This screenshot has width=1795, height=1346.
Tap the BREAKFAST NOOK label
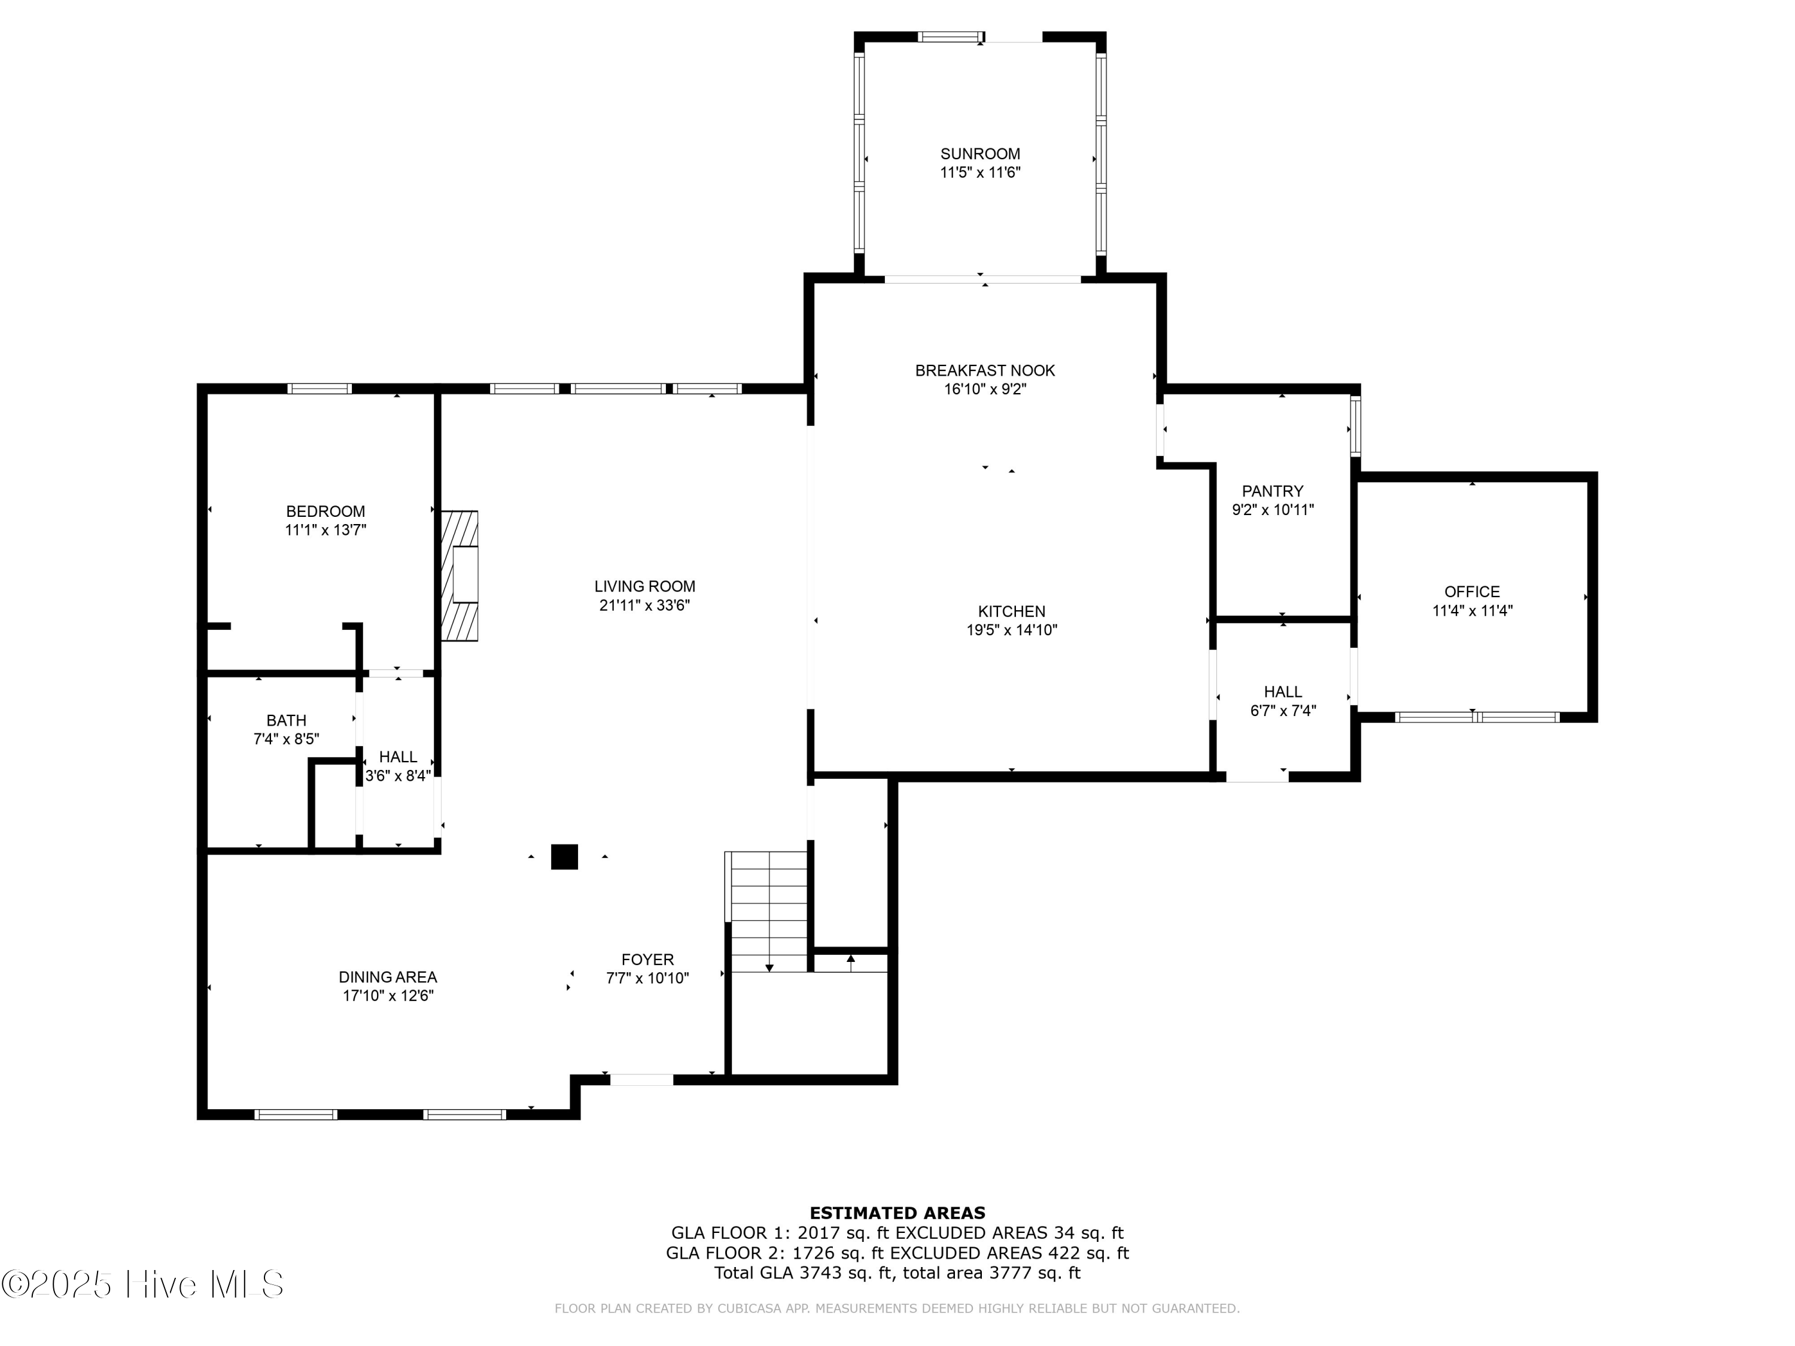point(984,371)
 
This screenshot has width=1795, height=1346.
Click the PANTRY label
point(1271,492)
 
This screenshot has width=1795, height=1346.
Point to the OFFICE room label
point(1471,592)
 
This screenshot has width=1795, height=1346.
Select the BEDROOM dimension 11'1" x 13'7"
point(325,531)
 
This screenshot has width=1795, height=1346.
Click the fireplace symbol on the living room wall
point(460,575)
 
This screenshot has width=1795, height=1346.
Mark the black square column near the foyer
point(564,857)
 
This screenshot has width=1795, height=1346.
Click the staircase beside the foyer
point(768,913)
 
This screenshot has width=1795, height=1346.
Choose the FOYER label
point(647,960)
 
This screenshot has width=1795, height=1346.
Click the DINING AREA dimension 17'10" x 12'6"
point(388,996)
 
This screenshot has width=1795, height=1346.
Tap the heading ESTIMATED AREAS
point(897,1213)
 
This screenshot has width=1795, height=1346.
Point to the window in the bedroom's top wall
point(320,389)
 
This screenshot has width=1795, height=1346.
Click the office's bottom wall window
point(1476,717)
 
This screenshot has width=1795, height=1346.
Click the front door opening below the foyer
point(641,1080)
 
